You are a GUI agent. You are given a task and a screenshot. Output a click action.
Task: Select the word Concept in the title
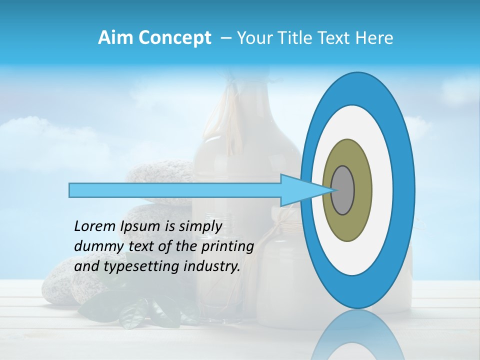[x=174, y=38]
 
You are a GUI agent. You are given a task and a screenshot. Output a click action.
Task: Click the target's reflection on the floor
[x=357, y=335]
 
